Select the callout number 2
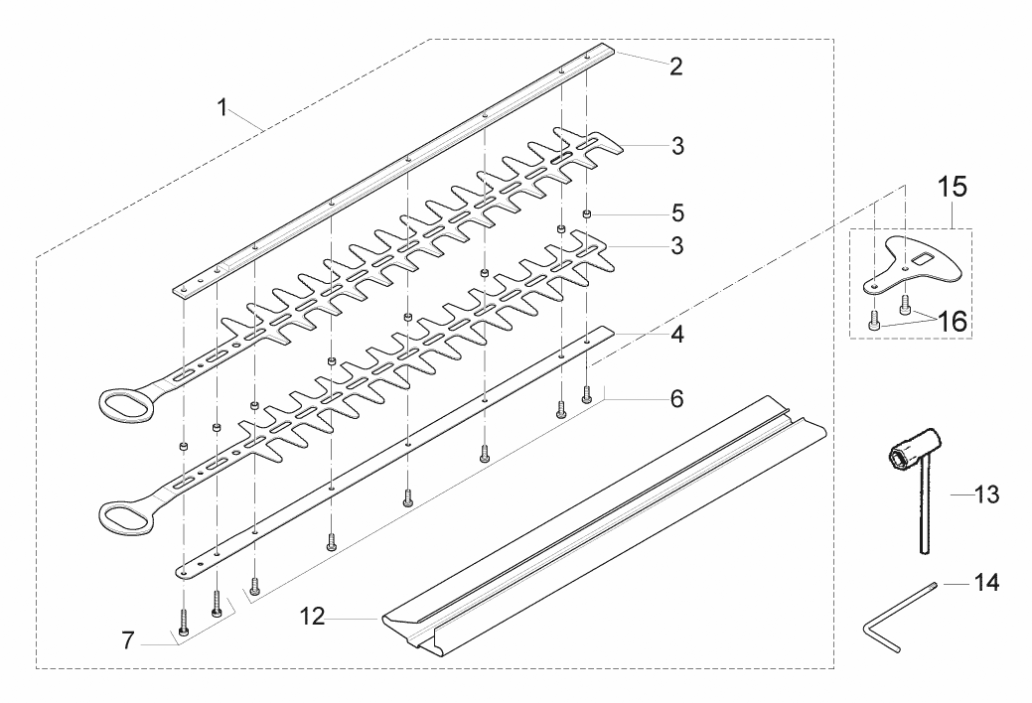coord(675,68)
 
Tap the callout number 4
coord(676,335)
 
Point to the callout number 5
coord(676,212)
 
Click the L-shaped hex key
coord(884,630)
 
